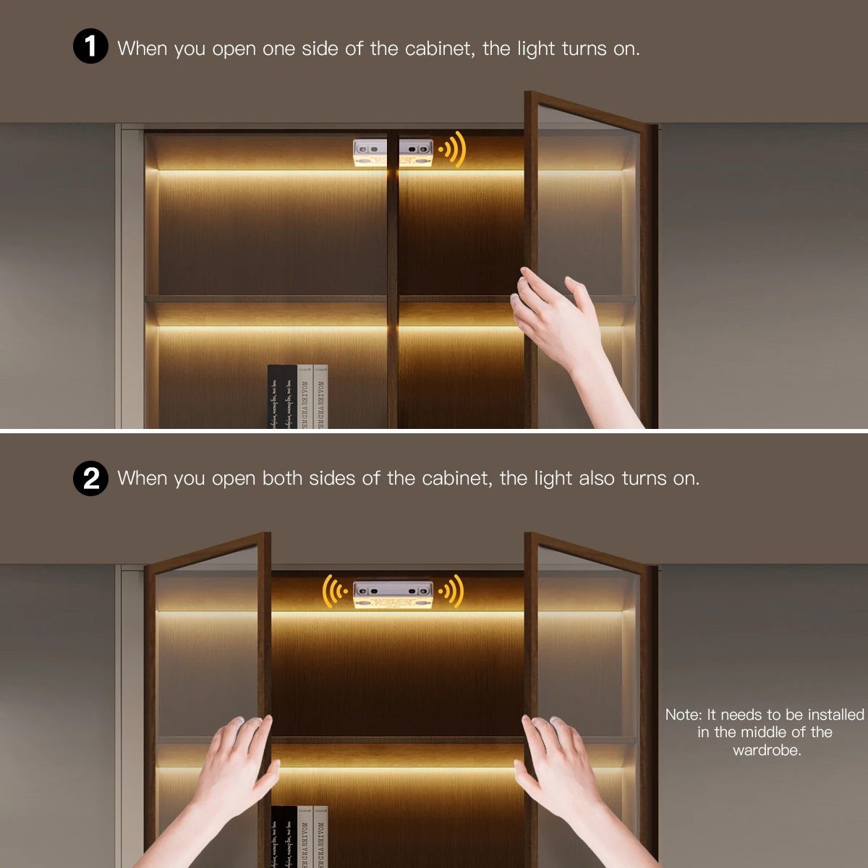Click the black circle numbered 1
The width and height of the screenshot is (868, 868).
[90, 47]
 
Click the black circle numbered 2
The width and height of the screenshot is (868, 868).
[90, 479]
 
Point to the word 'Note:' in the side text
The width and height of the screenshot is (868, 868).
[684, 715]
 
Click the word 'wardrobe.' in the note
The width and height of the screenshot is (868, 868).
[767, 750]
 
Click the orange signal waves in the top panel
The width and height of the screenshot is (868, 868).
[453, 150]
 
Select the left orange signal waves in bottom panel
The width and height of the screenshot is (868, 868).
[334, 592]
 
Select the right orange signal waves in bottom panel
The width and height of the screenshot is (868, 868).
[453, 592]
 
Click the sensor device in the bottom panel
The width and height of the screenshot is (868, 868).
[393, 593]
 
